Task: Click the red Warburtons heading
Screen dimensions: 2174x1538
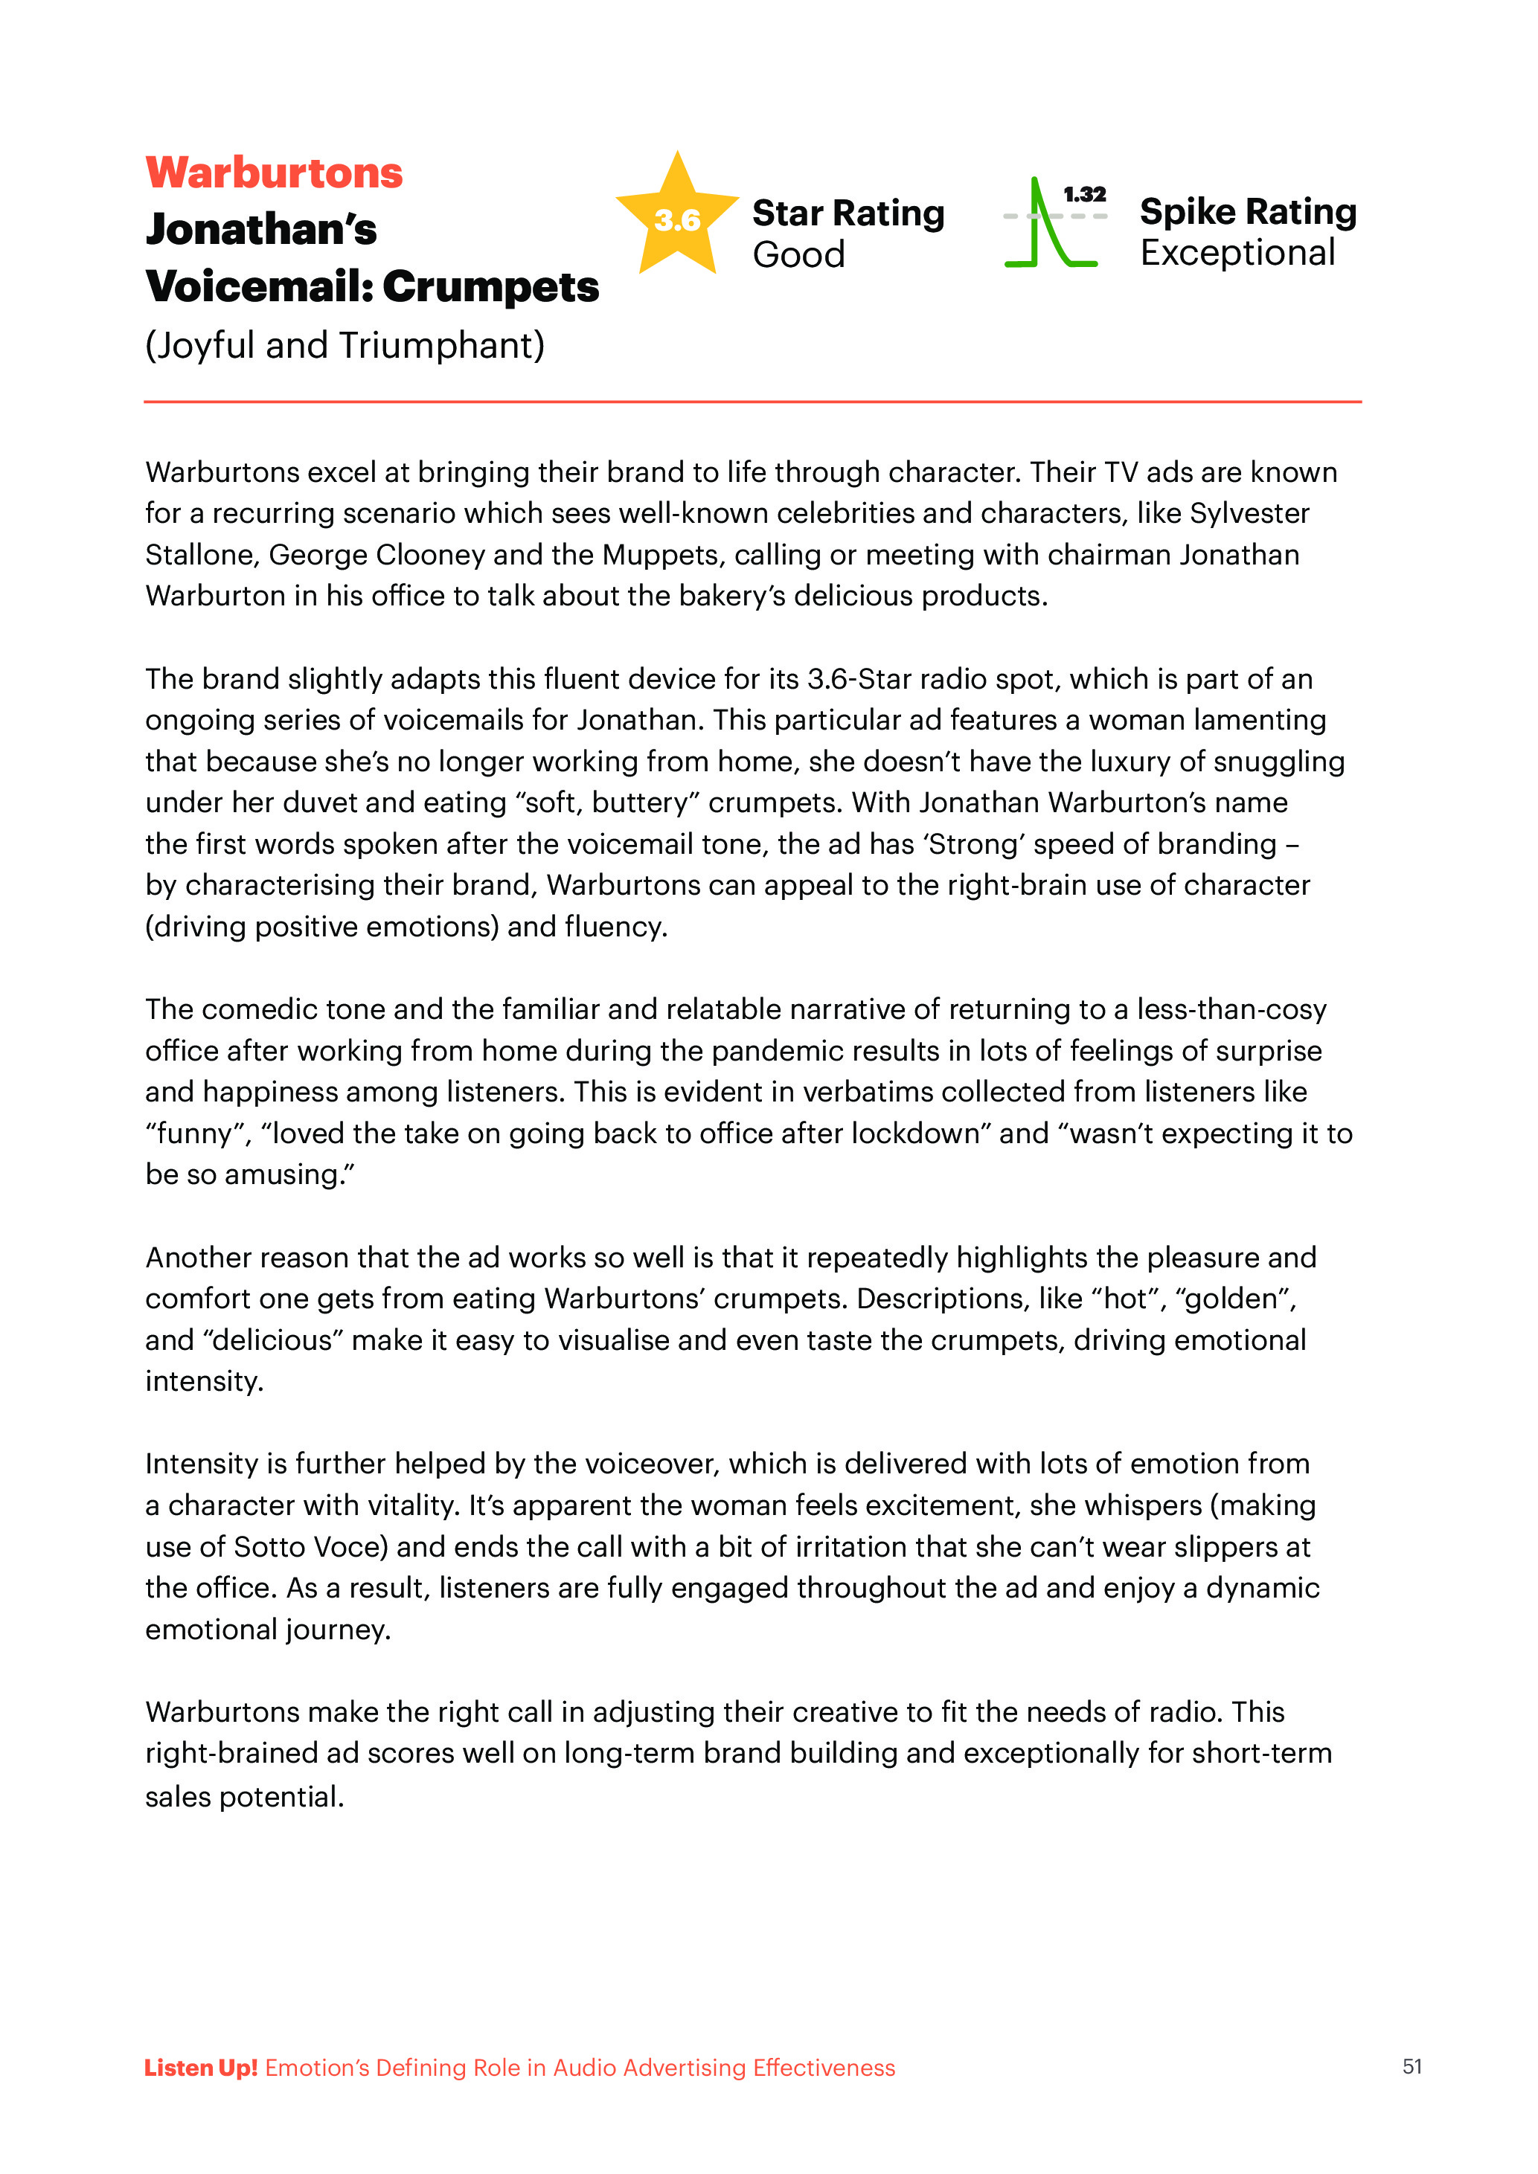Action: (274, 173)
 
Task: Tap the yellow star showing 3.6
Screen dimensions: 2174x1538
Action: (677, 218)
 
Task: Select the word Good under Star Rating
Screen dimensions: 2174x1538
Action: (798, 254)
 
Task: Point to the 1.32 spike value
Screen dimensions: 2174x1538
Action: (1084, 194)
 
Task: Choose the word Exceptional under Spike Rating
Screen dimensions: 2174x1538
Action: (1237, 253)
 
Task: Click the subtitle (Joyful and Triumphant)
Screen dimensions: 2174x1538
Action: (345, 346)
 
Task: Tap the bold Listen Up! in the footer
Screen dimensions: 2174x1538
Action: (201, 2068)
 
